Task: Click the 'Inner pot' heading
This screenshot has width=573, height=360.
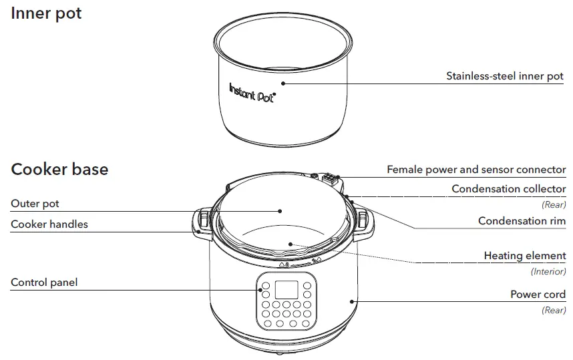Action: click(46, 13)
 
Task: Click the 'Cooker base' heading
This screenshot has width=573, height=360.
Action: click(59, 169)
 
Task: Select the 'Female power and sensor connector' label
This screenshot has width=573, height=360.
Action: click(476, 170)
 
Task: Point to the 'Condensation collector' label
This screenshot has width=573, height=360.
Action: click(508, 189)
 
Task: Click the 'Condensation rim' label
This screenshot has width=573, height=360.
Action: click(522, 221)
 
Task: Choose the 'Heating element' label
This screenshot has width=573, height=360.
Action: click(524, 256)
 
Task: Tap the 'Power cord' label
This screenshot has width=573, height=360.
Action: click(538, 295)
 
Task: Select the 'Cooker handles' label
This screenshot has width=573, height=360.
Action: click(49, 224)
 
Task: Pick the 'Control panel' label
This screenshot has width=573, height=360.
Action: click(44, 283)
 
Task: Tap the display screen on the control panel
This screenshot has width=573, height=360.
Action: click(286, 290)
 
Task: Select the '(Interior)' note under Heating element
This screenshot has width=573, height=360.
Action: click(548, 272)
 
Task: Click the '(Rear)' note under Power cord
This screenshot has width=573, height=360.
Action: click(554, 311)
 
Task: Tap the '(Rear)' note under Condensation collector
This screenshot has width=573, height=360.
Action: click(554, 205)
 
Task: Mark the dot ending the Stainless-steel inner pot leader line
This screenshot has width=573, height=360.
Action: click(282, 84)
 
